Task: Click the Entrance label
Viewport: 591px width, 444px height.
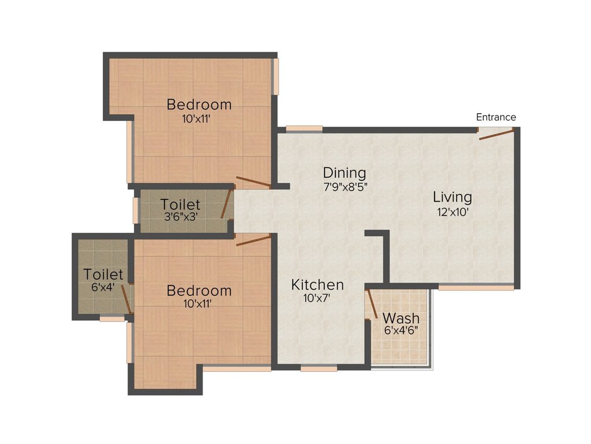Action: pos(496,117)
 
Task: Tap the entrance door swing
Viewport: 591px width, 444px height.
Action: pos(496,134)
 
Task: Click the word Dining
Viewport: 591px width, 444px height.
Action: pos(345,173)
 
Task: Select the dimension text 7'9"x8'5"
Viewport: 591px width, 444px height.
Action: pos(346,187)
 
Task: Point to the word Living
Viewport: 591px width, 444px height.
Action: pos(452,197)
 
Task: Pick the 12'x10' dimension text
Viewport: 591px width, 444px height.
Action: pos(452,212)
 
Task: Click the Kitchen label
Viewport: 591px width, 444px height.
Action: pos(317,284)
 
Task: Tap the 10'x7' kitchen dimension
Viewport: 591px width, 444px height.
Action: pos(317,298)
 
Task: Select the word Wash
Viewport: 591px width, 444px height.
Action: pos(401,318)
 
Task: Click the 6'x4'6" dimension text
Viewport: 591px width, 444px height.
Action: pos(401,330)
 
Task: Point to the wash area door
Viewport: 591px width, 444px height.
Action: pos(372,304)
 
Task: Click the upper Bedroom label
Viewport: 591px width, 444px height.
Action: pos(199,104)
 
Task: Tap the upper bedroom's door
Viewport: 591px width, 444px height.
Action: pos(253,182)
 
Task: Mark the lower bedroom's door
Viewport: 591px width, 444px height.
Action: pos(253,240)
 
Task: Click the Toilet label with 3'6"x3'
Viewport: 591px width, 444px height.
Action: pos(180,204)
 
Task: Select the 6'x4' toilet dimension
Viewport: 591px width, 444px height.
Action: pos(103,287)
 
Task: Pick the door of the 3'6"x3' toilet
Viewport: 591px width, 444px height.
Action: pos(226,204)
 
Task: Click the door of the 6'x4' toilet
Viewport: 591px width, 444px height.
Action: pos(126,299)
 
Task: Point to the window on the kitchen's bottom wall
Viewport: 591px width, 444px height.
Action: pos(319,368)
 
